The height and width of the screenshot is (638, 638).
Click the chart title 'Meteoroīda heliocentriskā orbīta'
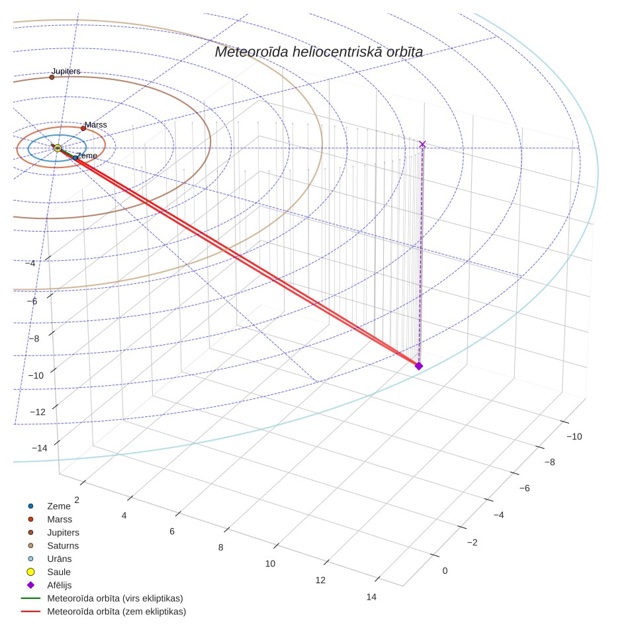coord(318,52)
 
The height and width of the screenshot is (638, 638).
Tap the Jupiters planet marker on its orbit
coord(52,77)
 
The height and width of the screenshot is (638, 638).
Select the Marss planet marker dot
coord(83,128)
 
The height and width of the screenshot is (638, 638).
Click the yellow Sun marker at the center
coord(58,148)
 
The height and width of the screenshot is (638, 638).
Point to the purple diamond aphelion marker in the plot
coord(419,366)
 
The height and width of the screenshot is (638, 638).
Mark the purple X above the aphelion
coord(422,144)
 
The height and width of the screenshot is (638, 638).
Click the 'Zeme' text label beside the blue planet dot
coord(87,156)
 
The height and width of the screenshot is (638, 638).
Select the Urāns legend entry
coord(49,559)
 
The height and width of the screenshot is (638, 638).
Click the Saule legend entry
coord(49,572)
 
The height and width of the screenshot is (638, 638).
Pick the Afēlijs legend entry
coord(49,585)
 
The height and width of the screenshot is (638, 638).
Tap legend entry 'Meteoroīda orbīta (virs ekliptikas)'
coord(102,598)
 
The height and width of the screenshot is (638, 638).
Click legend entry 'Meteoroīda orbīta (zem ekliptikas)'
coord(103,612)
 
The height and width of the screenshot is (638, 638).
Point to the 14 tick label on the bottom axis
coord(371,597)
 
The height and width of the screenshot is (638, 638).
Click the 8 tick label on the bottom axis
coord(220,547)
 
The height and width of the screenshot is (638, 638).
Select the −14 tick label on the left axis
coord(40,448)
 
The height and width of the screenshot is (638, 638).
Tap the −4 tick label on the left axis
coord(30,263)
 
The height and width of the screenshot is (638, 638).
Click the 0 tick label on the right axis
coord(445,571)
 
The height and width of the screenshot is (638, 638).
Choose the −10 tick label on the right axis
coord(574,437)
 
